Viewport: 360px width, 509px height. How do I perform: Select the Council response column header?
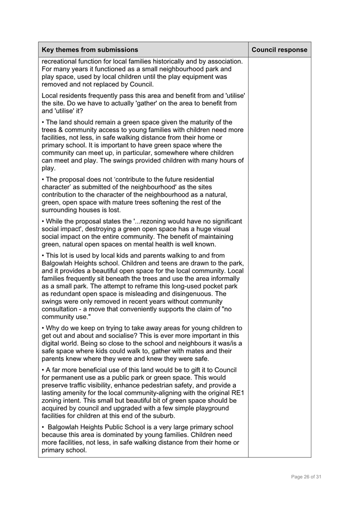click(279, 50)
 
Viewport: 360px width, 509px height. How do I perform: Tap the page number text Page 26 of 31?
click(306, 476)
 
